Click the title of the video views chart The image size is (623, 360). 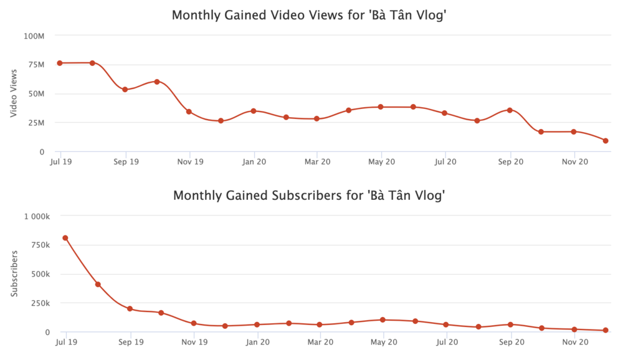[310, 15]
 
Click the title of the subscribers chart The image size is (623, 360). [310, 196]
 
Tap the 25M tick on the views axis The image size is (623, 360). [35, 123]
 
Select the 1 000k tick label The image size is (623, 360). [37, 216]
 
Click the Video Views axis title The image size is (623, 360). [14, 93]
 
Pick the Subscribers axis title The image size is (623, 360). [14, 273]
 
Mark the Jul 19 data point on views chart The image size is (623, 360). [60, 63]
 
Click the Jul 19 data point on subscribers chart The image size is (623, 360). [65, 238]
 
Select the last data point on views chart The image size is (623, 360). [606, 141]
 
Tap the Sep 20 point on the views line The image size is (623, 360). [510, 110]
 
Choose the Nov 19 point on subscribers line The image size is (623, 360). [194, 323]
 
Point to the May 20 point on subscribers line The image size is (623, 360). [383, 320]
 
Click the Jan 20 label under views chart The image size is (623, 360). [254, 162]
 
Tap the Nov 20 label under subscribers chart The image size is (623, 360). [575, 342]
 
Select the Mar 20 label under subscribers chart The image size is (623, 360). [320, 342]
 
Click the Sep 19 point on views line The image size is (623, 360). [125, 90]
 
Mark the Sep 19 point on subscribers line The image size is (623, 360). [130, 309]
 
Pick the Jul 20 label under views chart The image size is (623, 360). [445, 162]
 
